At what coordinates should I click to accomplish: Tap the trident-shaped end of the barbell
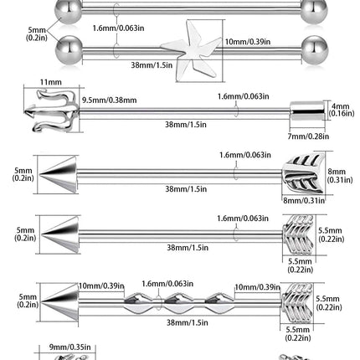[52, 111]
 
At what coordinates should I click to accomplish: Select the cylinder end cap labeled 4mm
[306, 111]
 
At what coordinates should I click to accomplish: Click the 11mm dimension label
[51, 82]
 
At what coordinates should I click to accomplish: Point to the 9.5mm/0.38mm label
[109, 100]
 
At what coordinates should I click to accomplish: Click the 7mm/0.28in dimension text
[308, 136]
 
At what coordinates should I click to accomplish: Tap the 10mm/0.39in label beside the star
[248, 42]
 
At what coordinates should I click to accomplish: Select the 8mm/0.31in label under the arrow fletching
[304, 200]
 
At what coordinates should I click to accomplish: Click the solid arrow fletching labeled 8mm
[303, 173]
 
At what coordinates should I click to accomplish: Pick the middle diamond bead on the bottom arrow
[179, 304]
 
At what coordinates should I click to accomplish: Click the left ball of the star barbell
[69, 50]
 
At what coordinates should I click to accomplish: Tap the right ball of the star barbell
[315, 50]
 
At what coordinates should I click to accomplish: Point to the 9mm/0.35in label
[70, 347]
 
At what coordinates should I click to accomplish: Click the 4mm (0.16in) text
[342, 110]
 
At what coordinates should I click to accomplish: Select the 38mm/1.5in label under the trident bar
[186, 124]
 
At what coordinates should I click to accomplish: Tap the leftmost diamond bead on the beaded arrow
[138, 304]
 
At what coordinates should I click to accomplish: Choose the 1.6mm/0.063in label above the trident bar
[244, 96]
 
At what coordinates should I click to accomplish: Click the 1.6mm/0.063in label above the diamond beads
[167, 284]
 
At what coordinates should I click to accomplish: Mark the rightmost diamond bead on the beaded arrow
[220, 304]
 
